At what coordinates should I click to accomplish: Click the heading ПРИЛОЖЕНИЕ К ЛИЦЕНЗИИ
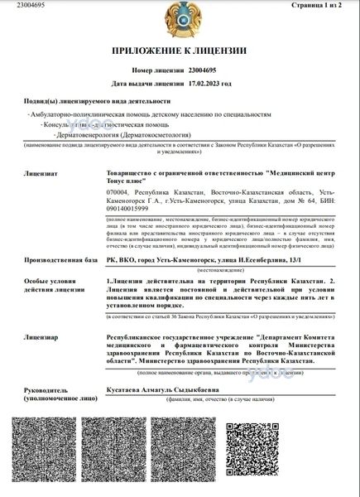point(179,50)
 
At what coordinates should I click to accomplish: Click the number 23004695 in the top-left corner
point(17,6)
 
